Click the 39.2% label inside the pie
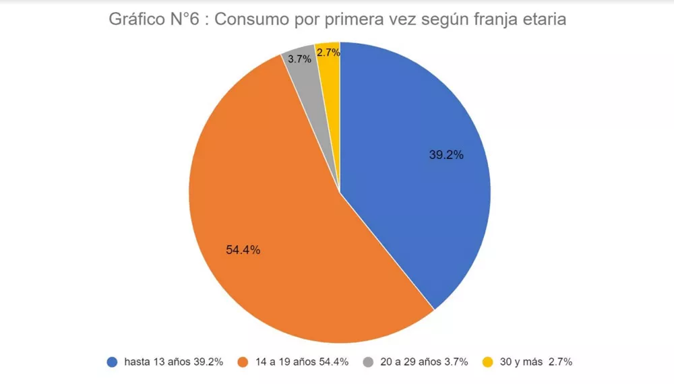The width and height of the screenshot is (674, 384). pyautogui.click(x=446, y=155)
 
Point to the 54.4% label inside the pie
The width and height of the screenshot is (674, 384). pyautogui.click(x=243, y=250)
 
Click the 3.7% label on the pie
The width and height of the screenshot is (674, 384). pyautogui.click(x=299, y=59)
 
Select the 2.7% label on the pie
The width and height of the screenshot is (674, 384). pyautogui.click(x=328, y=51)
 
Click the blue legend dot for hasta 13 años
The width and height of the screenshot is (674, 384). pyautogui.click(x=113, y=362)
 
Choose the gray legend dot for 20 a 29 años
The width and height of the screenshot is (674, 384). pyautogui.click(x=367, y=362)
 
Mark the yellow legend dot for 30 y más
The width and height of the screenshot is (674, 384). pyautogui.click(x=487, y=362)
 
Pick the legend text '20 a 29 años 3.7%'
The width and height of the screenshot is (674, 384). pyautogui.click(x=424, y=362)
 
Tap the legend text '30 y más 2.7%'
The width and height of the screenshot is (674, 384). pyautogui.click(x=536, y=362)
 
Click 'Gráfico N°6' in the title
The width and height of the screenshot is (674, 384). pyautogui.click(x=156, y=20)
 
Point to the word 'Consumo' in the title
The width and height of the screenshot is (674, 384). pyautogui.click(x=248, y=20)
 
